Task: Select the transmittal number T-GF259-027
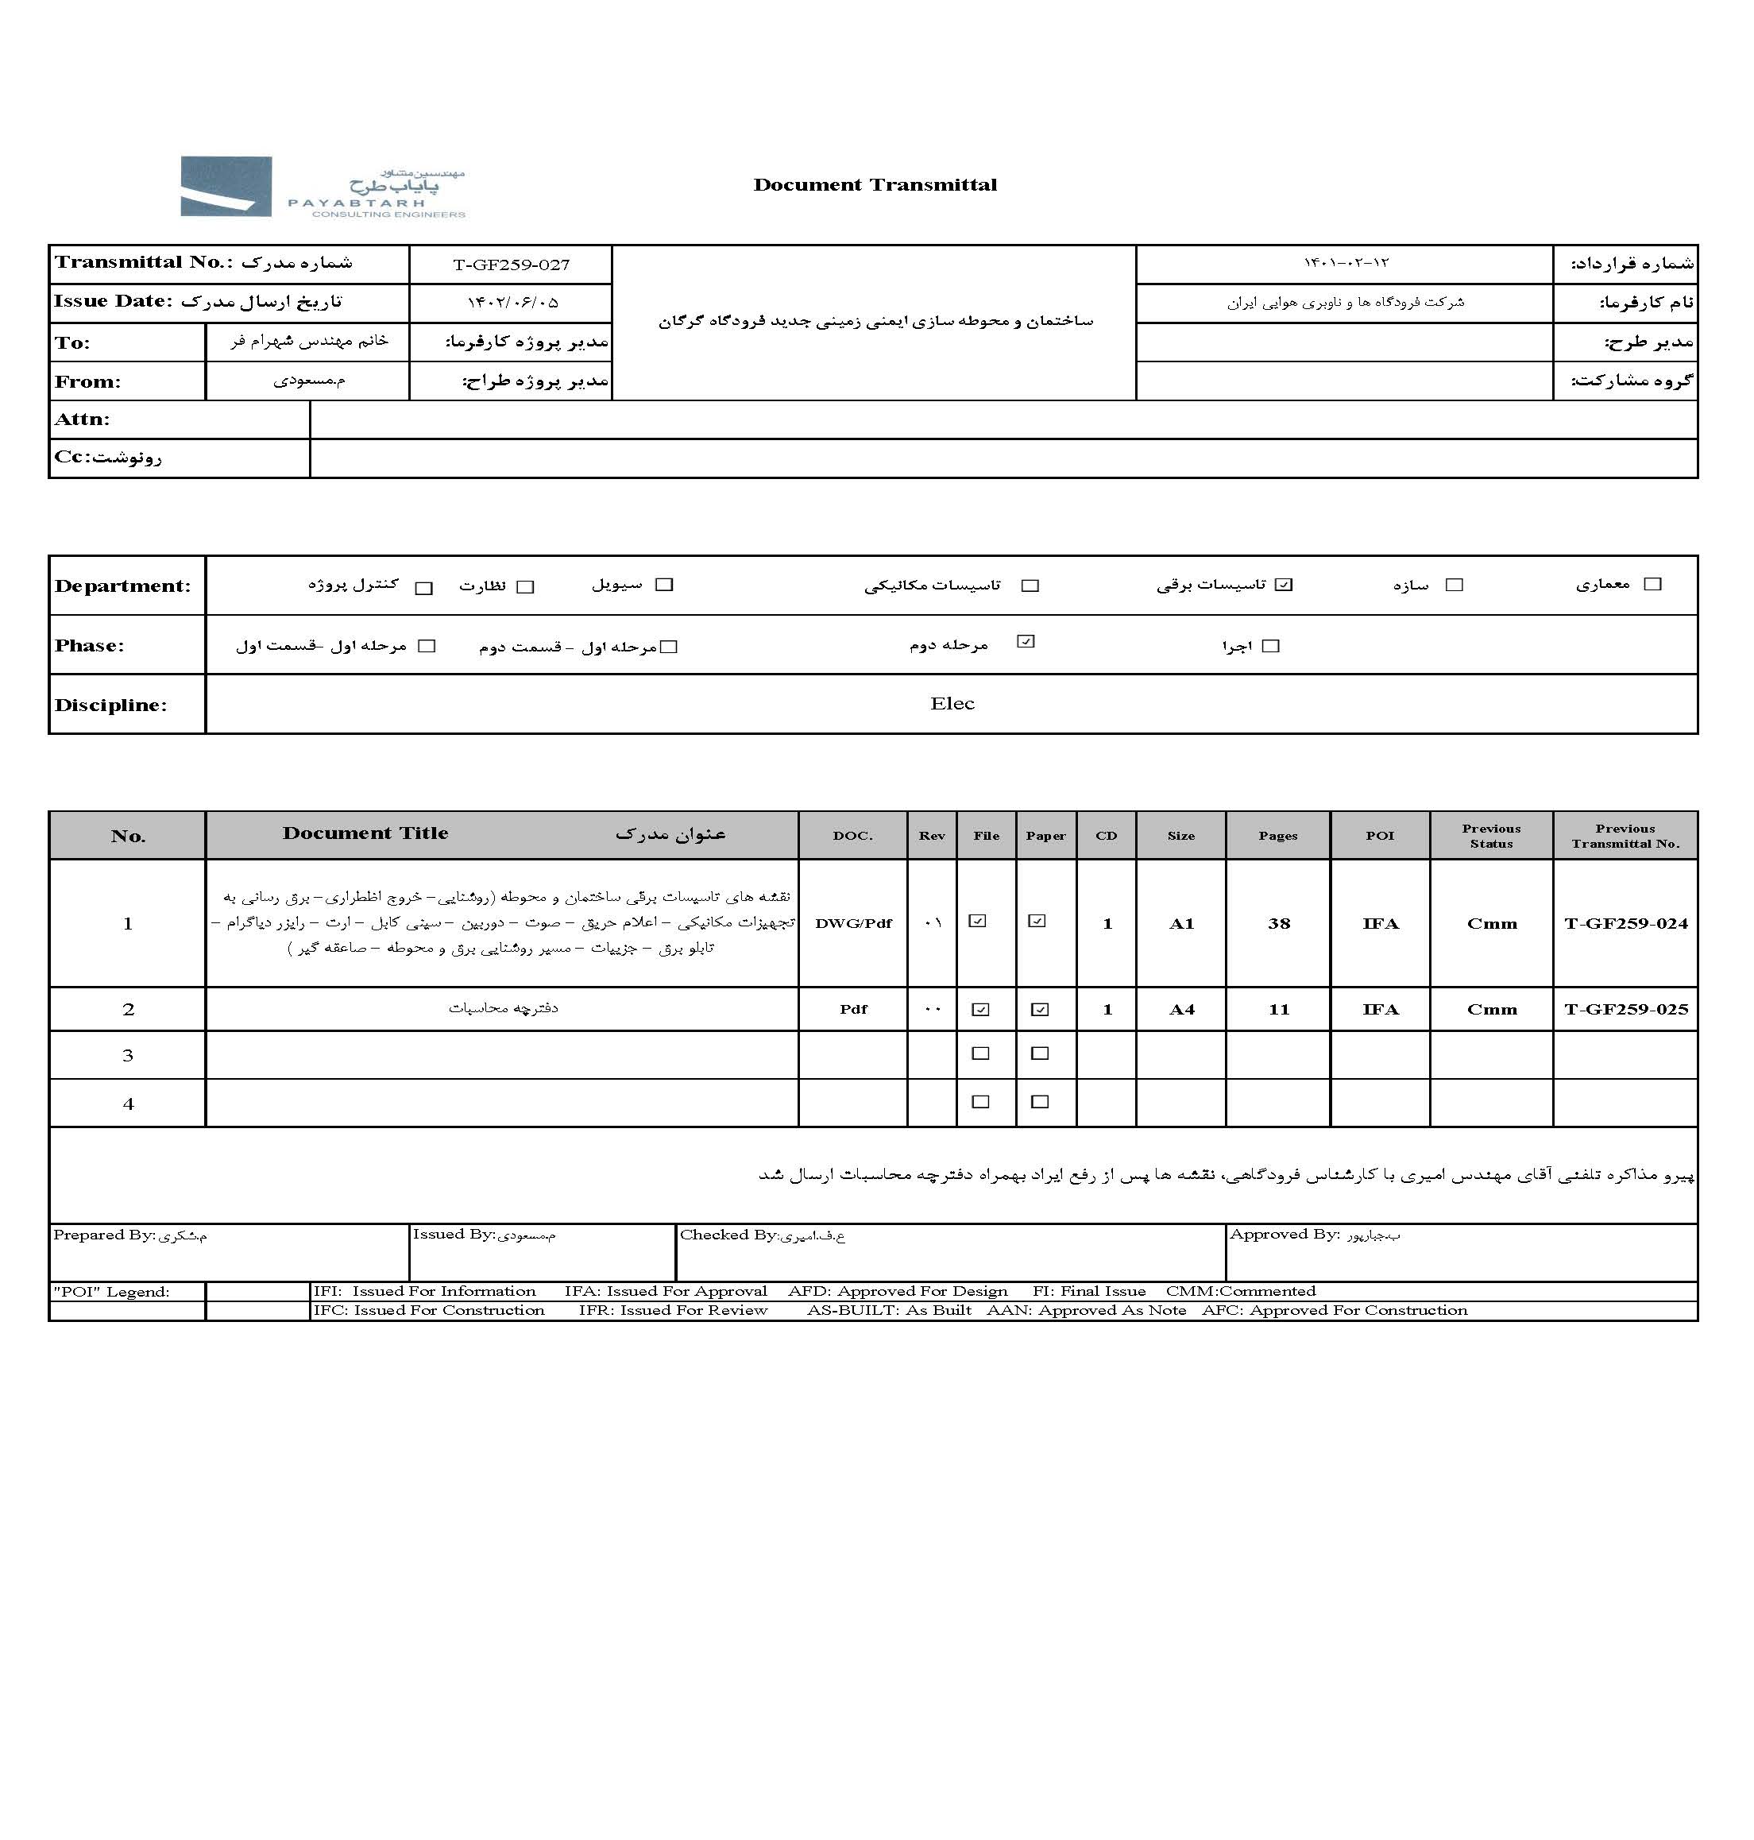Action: click(511, 265)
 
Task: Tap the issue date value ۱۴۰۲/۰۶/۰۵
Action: click(512, 303)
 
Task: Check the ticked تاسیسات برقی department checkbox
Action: click(1284, 586)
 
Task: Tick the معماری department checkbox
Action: click(1652, 585)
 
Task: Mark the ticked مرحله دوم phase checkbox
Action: click(1026, 641)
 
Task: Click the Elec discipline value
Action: click(952, 704)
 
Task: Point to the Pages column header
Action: click(1277, 836)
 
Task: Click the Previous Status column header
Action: click(1490, 836)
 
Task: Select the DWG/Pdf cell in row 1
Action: click(852, 924)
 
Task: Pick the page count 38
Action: click(1278, 924)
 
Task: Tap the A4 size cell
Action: click(1181, 1010)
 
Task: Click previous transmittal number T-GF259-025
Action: click(1625, 1010)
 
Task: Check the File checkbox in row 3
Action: click(979, 1053)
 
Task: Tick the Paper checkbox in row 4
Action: click(1040, 1102)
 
